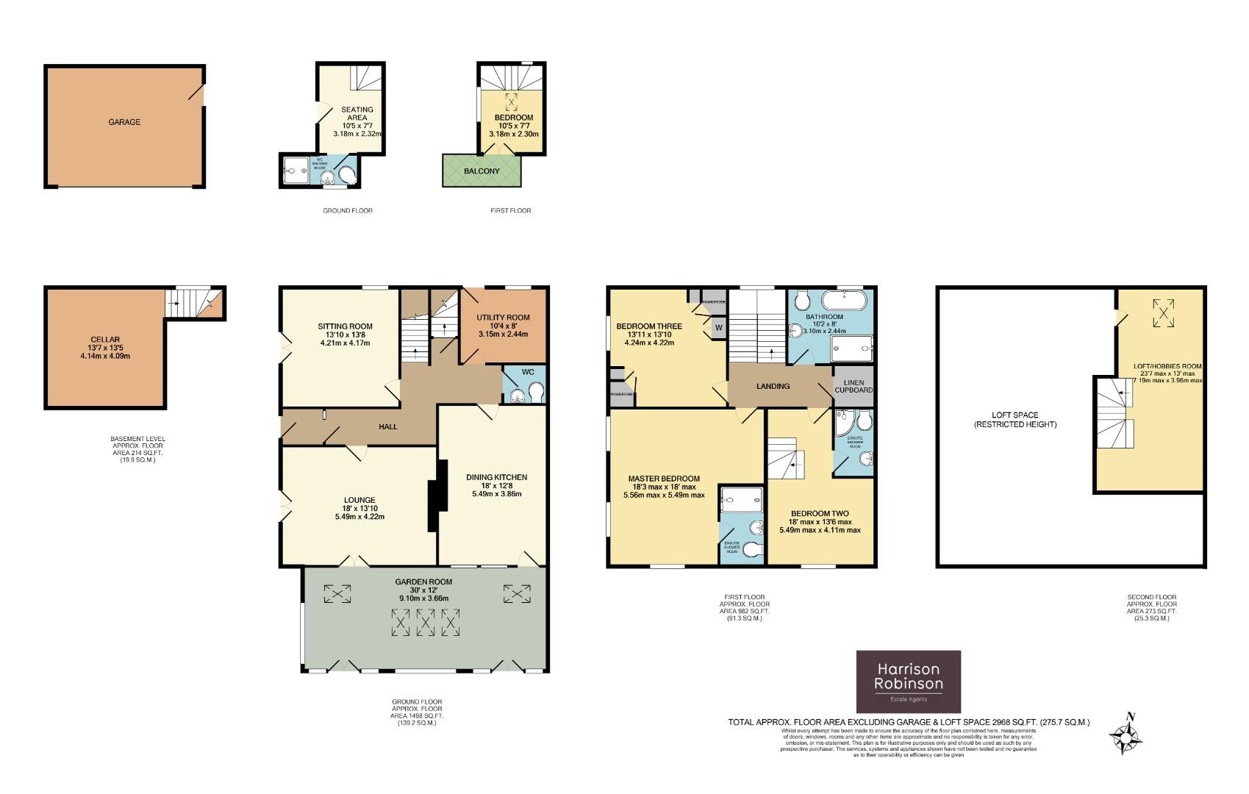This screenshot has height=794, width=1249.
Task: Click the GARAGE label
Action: (x=124, y=122)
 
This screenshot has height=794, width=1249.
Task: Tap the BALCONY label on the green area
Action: (x=482, y=171)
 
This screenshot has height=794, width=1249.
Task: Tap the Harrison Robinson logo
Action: (x=909, y=682)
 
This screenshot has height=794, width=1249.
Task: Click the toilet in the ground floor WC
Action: (x=535, y=393)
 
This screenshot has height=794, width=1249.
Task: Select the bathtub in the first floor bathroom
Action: (x=845, y=300)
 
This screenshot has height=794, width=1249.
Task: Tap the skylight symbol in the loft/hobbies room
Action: (x=1163, y=312)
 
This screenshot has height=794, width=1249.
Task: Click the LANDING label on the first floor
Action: (x=773, y=386)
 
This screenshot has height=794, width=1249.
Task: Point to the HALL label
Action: (x=387, y=426)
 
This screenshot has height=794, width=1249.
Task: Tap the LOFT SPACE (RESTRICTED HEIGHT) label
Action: (x=1015, y=420)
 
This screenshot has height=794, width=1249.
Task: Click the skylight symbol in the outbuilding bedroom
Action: (x=510, y=101)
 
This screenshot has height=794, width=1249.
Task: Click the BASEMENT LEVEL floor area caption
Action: (x=138, y=448)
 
